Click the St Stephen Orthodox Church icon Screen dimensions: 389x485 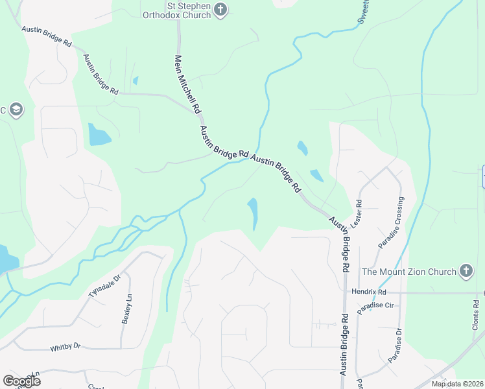(x=220, y=10)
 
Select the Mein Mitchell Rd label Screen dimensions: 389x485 (x=185, y=84)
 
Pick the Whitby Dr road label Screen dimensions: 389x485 (x=65, y=348)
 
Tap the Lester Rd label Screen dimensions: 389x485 (x=355, y=213)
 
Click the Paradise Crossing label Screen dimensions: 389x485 (x=390, y=222)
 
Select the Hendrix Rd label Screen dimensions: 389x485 (x=368, y=292)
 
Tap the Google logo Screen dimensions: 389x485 (x=21, y=381)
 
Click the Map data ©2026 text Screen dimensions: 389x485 (x=456, y=384)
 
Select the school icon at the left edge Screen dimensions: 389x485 (x=16, y=109)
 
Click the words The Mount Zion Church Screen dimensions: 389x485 (x=408, y=272)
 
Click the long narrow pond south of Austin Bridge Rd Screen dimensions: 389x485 (x=252, y=212)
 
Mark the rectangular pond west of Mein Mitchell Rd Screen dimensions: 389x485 (x=99, y=134)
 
